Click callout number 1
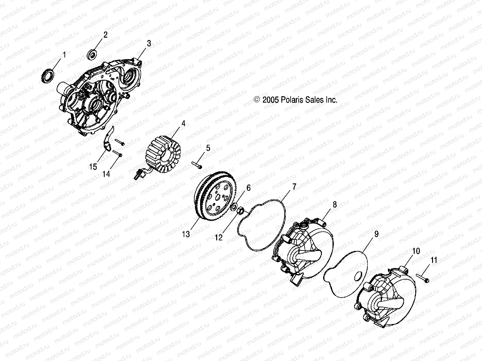[64, 55]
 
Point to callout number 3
[149, 43]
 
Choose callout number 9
[376, 234]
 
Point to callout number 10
[416, 251]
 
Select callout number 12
[219, 237]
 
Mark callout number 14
[106, 174]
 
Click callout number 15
[93, 167]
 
